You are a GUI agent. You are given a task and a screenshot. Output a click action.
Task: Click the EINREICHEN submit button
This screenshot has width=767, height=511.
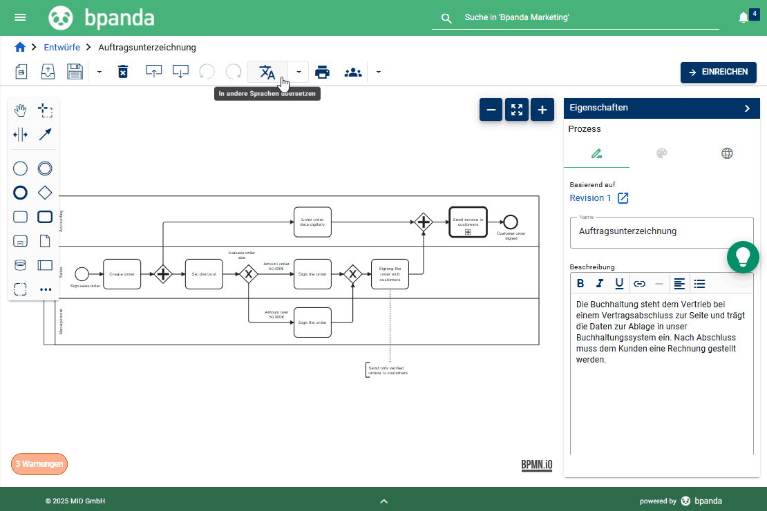[718, 72]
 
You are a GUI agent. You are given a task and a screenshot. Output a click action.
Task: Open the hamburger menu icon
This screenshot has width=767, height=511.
[20, 17]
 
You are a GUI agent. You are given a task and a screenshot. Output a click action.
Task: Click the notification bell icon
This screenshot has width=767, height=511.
[744, 17]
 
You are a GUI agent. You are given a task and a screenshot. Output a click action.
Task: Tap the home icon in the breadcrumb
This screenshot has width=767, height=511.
[20, 47]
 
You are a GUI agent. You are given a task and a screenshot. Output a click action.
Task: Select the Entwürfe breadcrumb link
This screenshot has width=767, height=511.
[61, 47]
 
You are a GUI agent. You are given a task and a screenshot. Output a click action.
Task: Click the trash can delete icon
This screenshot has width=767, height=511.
[123, 72]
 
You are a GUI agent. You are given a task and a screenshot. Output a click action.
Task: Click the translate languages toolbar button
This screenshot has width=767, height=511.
[267, 72]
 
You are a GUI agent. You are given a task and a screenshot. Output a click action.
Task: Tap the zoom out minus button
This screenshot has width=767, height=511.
[491, 109]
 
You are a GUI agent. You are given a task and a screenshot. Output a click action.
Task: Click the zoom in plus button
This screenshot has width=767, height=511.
[542, 109]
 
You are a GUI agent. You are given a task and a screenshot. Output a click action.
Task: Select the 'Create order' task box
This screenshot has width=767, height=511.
[122, 274]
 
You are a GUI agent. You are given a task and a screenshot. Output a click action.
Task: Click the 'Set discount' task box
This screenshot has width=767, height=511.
[204, 274]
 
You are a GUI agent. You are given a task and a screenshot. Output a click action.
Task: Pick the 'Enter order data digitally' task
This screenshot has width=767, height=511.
[312, 222]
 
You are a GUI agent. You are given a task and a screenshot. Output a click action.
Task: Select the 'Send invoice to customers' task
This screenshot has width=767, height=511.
[468, 222]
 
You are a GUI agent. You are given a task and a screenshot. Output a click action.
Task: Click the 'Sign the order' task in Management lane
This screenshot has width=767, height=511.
[312, 322]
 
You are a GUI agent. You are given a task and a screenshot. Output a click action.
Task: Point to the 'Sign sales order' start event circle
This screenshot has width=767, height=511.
[82, 274]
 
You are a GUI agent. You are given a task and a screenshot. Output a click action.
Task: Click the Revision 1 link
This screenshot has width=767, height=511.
[591, 198]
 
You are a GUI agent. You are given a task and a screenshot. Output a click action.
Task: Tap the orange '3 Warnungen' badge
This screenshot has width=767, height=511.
[39, 464]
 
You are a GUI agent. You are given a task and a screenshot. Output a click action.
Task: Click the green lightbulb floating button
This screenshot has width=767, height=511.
[743, 257]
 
